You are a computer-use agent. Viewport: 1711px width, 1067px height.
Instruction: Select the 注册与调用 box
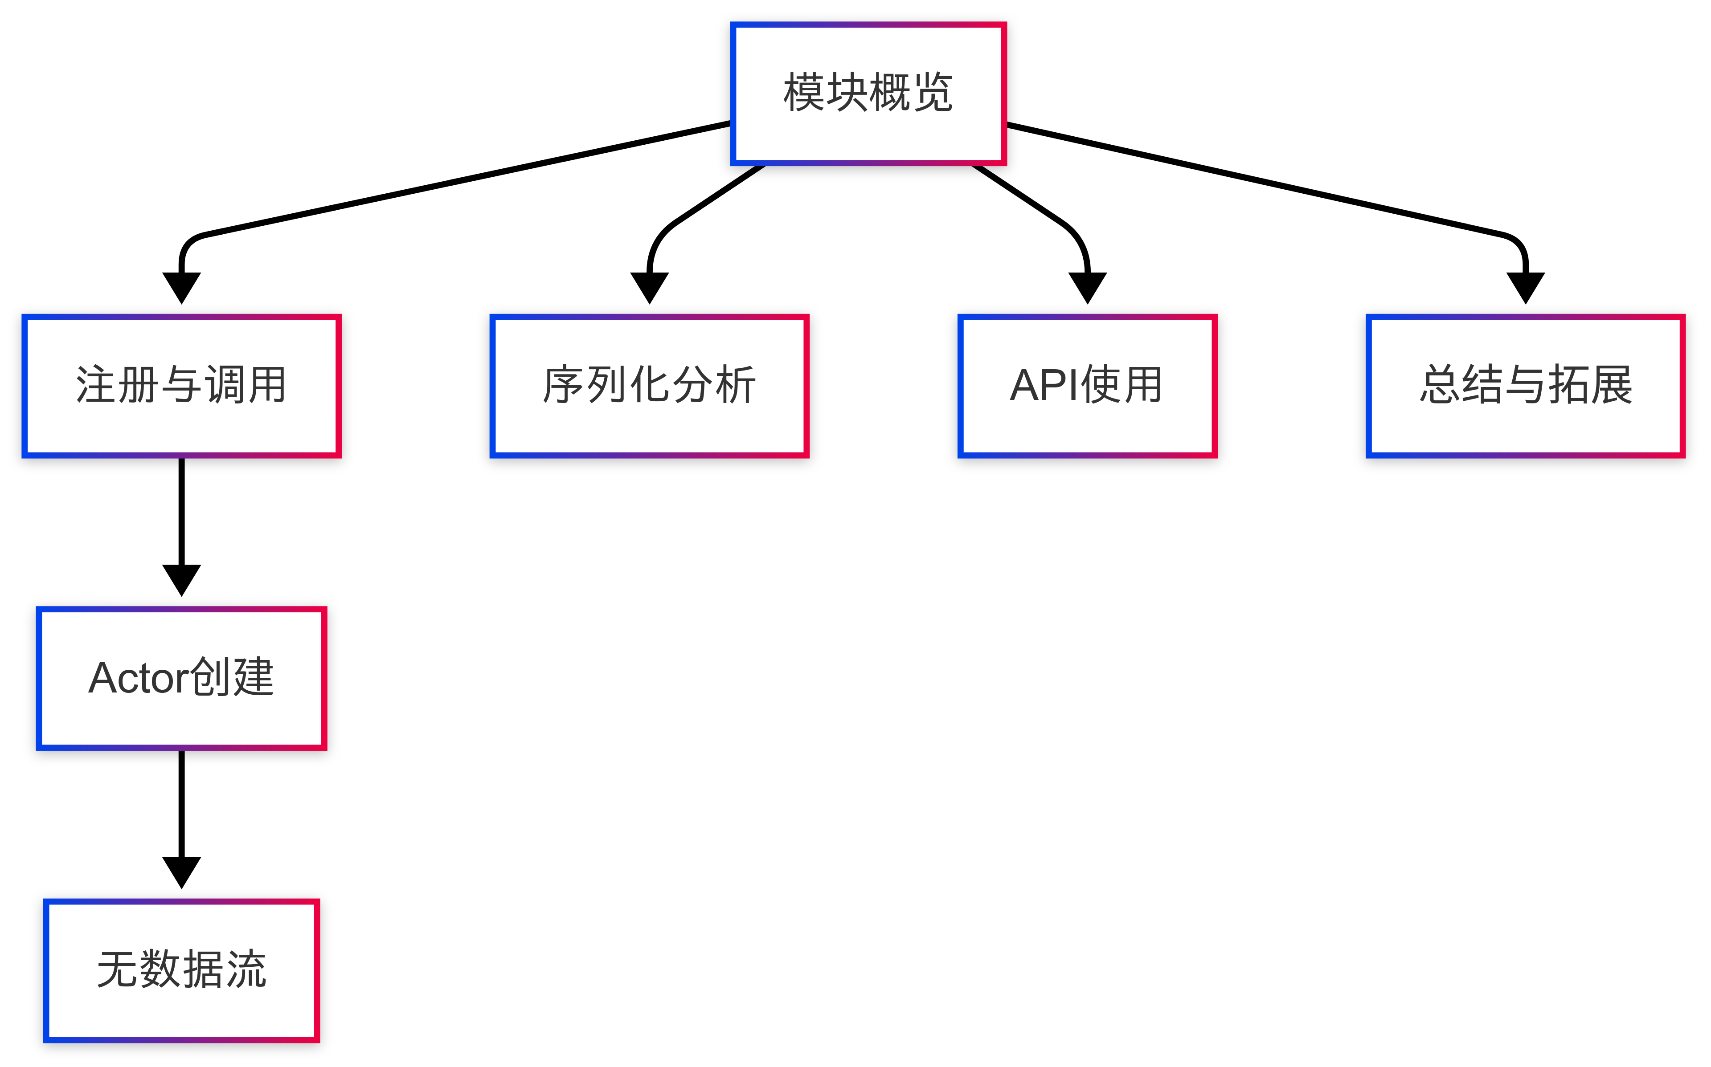click(x=181, y=385)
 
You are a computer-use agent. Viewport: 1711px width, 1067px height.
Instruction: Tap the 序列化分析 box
click(x=649, y=385)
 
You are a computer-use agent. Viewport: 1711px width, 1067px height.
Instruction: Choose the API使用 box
click(x=1087, y=385)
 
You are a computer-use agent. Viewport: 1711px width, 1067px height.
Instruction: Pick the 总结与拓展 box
click(x=1525, y=385)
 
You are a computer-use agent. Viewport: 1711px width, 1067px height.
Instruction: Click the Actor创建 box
click(x=181, y=677)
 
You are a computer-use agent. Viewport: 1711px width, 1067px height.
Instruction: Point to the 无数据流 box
click(x=181, y=969)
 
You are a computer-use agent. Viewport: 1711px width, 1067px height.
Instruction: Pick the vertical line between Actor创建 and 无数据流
click(x=181, y=805)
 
